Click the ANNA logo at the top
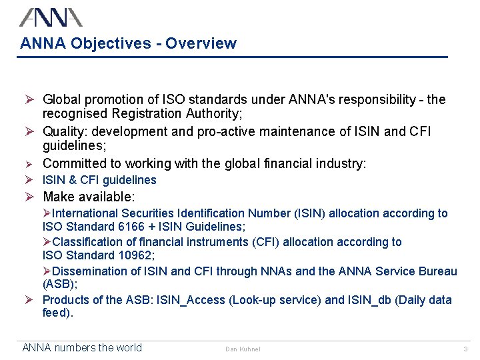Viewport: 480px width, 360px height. (x=51, y=17)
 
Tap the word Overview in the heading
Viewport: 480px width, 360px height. (x=201, y=44)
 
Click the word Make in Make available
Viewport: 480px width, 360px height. (x=57, y=197)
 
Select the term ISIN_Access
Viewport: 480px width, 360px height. (x=191, y=301)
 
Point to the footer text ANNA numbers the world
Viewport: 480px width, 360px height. (x=82, y=347)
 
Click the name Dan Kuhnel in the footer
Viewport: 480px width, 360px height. (x=243, y=349)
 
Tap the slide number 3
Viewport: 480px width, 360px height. (x=465, y=349)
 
